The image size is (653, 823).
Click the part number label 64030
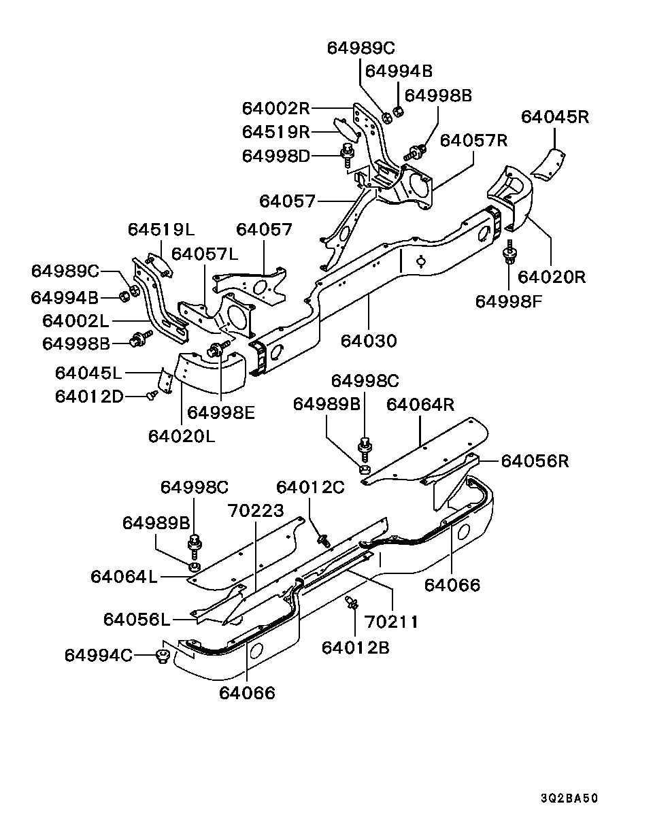point(369,341)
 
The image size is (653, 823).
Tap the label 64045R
point(555,117)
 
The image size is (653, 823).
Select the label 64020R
point(552,277)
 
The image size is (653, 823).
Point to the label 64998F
point(509,302)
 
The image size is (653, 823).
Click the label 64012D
point(89,397)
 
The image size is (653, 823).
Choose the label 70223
point(256,510)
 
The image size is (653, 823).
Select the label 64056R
point(535,461)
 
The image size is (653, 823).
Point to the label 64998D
point(275,156)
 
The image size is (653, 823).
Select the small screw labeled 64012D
point(152,394)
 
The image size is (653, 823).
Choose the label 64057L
point(204,254)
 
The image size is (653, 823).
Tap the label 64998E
point(220,413)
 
